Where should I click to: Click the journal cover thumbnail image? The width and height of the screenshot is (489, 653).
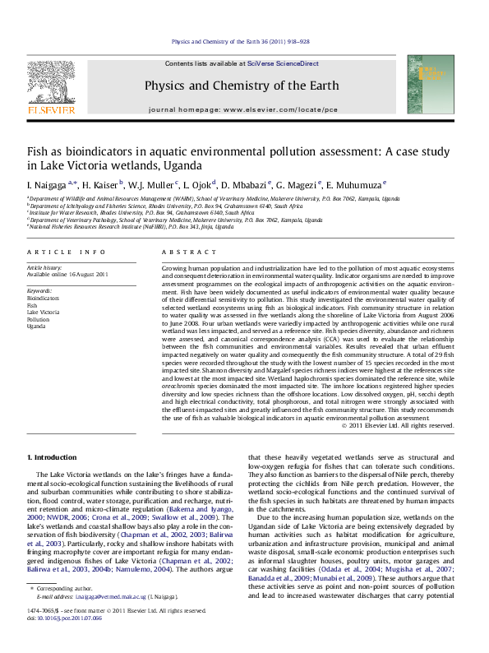pyautogui.click(x=436, y=85)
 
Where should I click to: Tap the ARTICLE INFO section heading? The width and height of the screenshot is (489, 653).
pyautogui.click(x=67, y=252)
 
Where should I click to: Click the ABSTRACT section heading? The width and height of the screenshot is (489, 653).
pyautogui.click(x=182, y=252)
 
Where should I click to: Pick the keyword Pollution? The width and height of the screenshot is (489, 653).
pyautogui.click(x=39, y=319)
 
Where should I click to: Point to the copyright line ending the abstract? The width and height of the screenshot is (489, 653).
pyautogui.click(x=398, y=425)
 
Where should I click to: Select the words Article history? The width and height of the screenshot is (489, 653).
pyautogui.click(x=45, y=268)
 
